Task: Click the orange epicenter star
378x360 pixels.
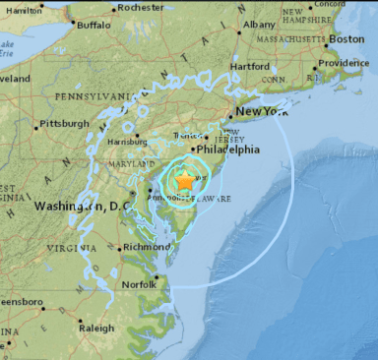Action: click(x=185, y=181)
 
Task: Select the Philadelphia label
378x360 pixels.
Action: click(x=228, y=150)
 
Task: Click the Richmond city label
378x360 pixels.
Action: click(x=148, y=246)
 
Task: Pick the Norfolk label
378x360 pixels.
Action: click(x=140, y=285)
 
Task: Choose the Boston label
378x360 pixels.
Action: click(x=346, y=38)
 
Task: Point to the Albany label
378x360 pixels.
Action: click(x=260, y=24)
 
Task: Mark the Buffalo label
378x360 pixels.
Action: click(x=94, y=24)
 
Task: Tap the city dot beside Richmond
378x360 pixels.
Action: click(x=121, y=248)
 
